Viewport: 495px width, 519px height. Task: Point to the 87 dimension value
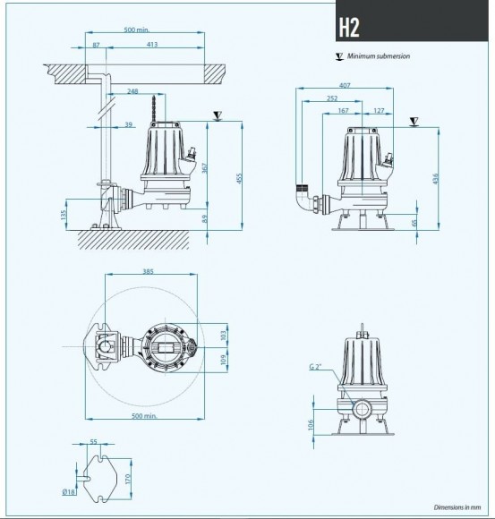(96, 43)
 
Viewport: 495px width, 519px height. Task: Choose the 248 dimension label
(133, 92)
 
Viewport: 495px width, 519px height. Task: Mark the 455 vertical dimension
(239, 179)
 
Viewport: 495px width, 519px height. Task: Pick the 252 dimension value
(333, 99)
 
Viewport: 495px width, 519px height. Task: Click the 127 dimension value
(380, 112)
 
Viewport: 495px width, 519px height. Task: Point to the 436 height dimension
(436, 179)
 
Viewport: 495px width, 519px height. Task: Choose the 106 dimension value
(311, 424)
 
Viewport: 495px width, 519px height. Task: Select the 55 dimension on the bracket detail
(93, 442)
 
